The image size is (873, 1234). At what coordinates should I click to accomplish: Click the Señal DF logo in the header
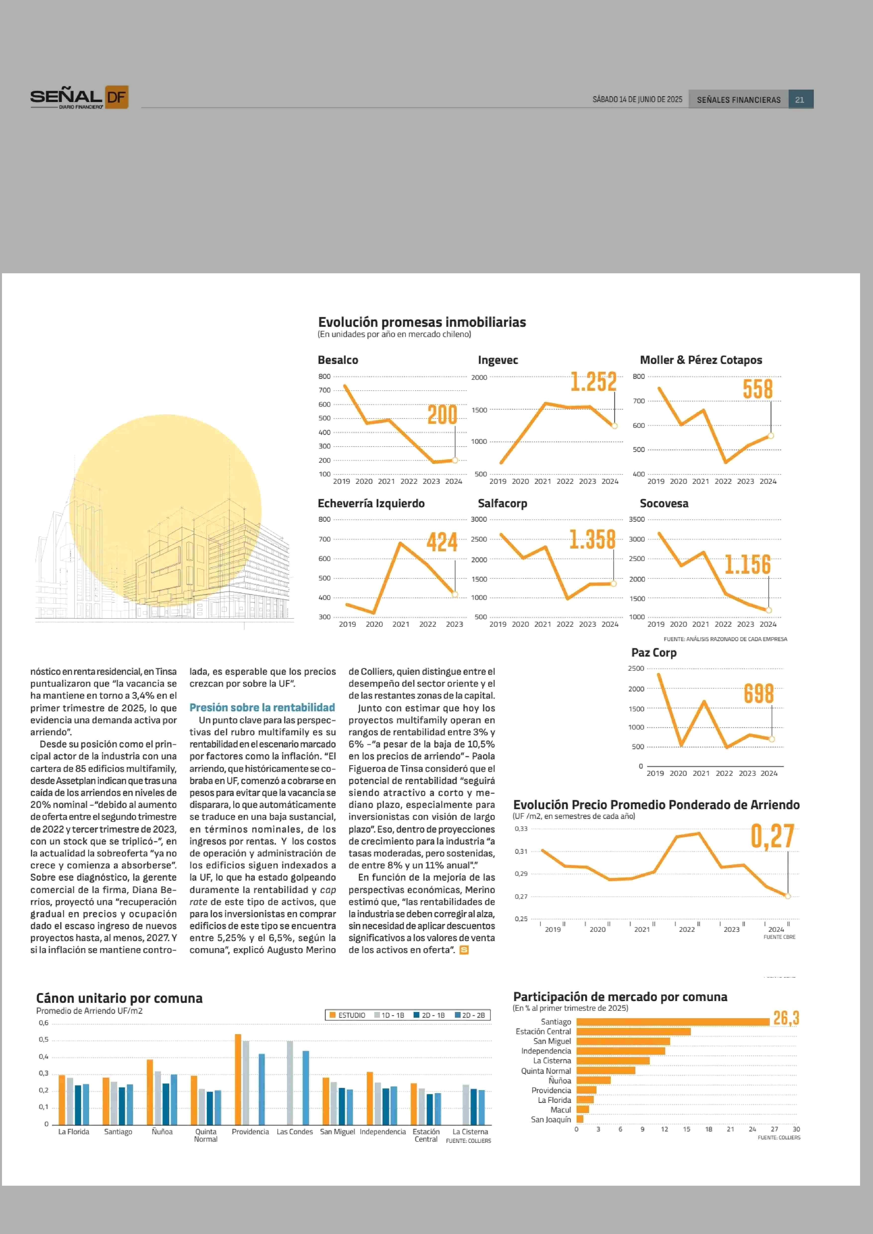coord(79,97)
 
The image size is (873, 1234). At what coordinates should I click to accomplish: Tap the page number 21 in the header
coord(800,100)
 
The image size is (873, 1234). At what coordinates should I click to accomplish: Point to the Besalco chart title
coord(338,360)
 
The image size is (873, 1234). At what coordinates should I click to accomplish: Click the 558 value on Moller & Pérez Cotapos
coord(758,389)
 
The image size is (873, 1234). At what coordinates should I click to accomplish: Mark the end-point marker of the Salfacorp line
coord(613,583)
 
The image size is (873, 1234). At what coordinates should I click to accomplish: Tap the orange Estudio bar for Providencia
coord(238,1079)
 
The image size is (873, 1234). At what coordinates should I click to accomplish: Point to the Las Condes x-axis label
coord(295,1132)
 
